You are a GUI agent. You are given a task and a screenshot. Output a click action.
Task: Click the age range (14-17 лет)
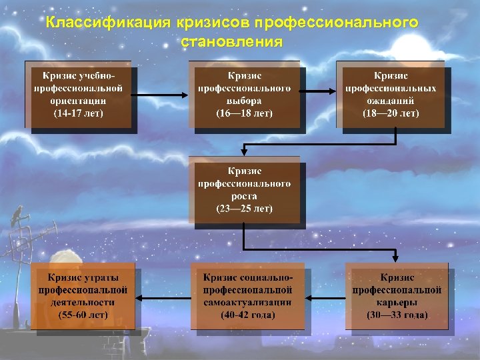pos(79,113)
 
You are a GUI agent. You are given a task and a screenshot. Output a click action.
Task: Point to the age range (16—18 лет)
pos(244,113)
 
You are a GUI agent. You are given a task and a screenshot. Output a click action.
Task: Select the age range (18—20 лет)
pos(391,113)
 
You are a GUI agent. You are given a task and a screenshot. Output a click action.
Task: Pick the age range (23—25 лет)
pos(244,209)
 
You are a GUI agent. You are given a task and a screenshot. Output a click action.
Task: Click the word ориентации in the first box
pos(79,101)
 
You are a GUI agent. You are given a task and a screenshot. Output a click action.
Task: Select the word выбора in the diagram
pos(244,101)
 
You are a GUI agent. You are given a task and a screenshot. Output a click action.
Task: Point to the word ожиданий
pos(391,101)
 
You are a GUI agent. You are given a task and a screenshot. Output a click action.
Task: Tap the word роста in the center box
pos(244,196)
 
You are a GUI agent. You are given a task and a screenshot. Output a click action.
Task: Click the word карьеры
pos(397,302)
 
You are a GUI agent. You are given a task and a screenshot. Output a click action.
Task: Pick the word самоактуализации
pos(248,302)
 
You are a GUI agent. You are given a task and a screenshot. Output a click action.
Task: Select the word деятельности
pos(83,302)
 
